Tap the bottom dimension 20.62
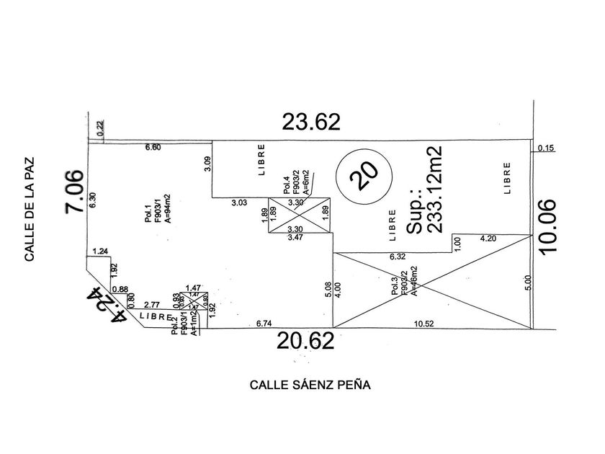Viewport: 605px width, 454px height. click(306, 342)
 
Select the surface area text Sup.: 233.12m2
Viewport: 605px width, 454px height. click(425, 188)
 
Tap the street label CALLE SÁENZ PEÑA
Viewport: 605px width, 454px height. click(310, 385)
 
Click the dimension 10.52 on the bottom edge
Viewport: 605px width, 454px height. click(423, 323)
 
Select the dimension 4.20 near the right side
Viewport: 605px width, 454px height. click(487, 237)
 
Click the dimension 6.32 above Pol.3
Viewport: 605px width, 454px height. click(398, 257)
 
